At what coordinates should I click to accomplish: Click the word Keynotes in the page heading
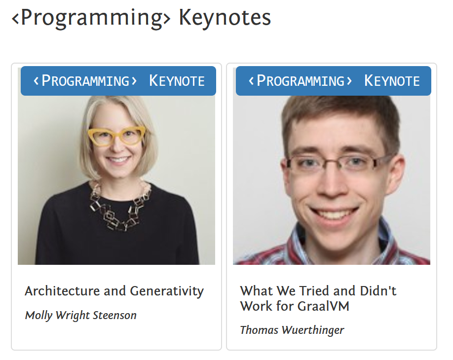(225, 18)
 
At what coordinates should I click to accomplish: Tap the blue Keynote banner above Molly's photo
(118, 81)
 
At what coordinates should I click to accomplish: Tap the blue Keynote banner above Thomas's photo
(334, 81)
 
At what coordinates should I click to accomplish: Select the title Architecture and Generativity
(114, 291)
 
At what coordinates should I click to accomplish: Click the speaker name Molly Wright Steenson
(80, 316)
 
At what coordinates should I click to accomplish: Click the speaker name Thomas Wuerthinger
(292, 330)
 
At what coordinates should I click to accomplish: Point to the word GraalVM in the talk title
(323, 306)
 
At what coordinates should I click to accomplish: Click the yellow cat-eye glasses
(116, 136)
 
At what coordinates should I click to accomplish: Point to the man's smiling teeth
(335, 214)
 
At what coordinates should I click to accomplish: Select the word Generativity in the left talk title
(167, 291)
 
